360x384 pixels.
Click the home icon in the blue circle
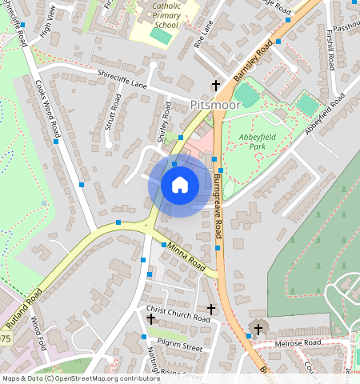180,185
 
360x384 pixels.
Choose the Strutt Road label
114,112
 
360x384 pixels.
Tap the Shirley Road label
165,122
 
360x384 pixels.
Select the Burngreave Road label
218,206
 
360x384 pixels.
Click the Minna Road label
186,256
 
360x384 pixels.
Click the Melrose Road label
298,343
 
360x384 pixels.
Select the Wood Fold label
37,334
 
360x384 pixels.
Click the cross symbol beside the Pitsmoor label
215,85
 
